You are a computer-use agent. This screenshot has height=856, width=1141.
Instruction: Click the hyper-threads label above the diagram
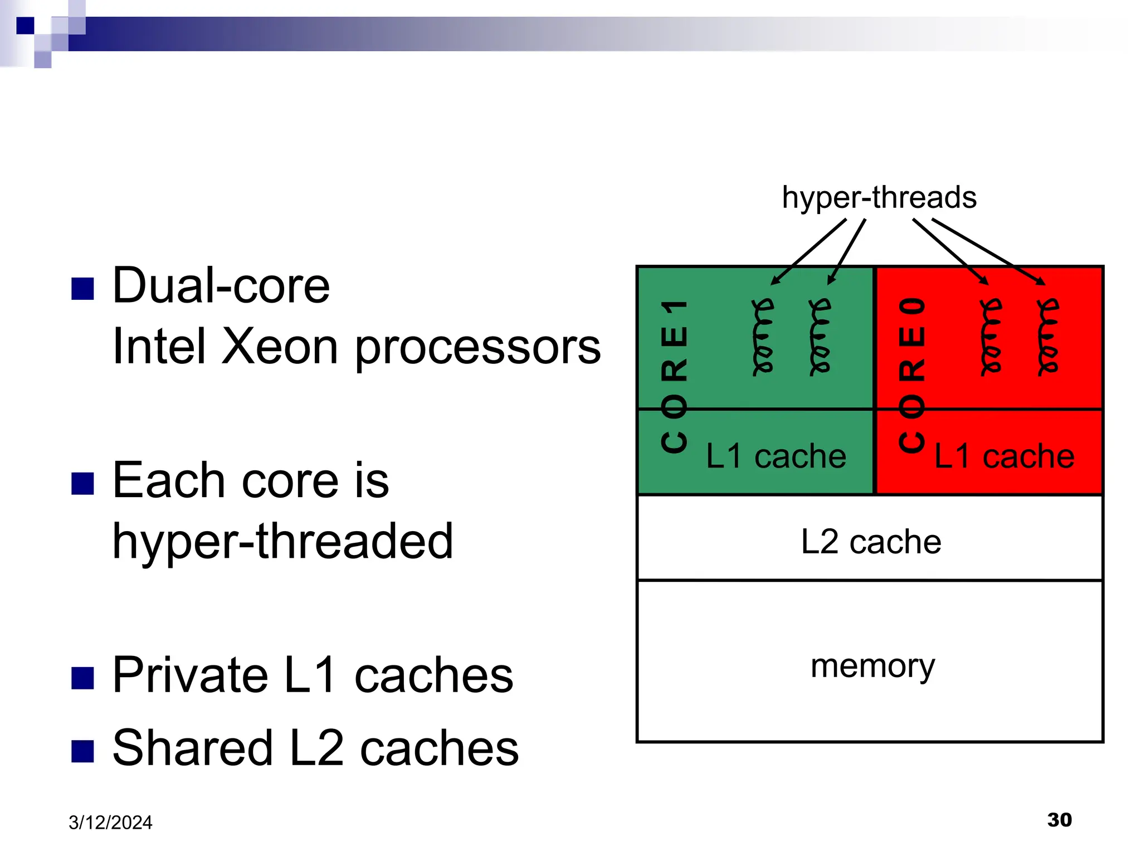pos(879,197)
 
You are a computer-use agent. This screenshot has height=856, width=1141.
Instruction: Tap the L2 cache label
pos(871,541)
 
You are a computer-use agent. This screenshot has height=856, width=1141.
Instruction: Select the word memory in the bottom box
pos(872,666)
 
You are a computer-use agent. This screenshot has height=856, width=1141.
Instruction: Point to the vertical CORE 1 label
pos(675,377)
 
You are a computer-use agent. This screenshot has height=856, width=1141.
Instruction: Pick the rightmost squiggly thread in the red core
pos(1048,337)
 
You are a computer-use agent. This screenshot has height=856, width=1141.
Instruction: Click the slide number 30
pos(1059,820)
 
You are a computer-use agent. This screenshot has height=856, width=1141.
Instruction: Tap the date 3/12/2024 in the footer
pos(110,823)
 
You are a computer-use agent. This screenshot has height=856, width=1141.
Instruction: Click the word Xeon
pos(280,347)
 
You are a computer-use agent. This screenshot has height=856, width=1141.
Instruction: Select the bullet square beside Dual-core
pos(82,289)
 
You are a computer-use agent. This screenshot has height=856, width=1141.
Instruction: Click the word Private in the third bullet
pos(190,675)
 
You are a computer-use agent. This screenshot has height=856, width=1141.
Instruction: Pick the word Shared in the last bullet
pos(193,748)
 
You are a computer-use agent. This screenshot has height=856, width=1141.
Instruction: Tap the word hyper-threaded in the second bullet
pos(282,541)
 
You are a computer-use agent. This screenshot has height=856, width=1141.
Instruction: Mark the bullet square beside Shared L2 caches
pos(82,751)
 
